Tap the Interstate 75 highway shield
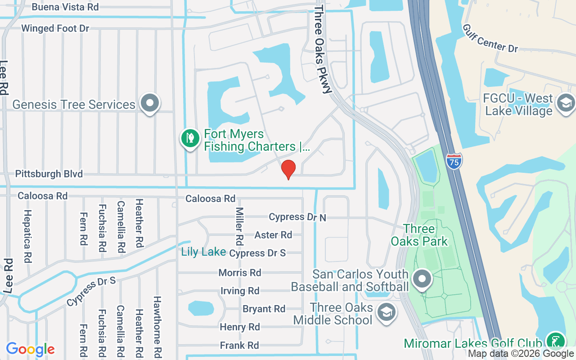coord(454,161)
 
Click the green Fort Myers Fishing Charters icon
coord(190,138)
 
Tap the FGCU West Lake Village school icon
coord(565,103)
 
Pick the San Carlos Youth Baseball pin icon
coord(422,279)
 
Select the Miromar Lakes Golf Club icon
coord(555,341)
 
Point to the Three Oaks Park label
coord(419,235)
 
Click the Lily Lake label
coord(203,252)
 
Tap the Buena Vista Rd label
coord(65,7)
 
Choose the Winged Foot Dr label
coord(55,28)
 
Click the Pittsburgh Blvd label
coord(49,174)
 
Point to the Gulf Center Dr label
coord(490,38)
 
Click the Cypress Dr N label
coord(297,217)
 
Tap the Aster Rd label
coord(273,235)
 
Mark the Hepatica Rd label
coord(28,236)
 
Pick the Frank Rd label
coord(239,346)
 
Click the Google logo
coord(31,349)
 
